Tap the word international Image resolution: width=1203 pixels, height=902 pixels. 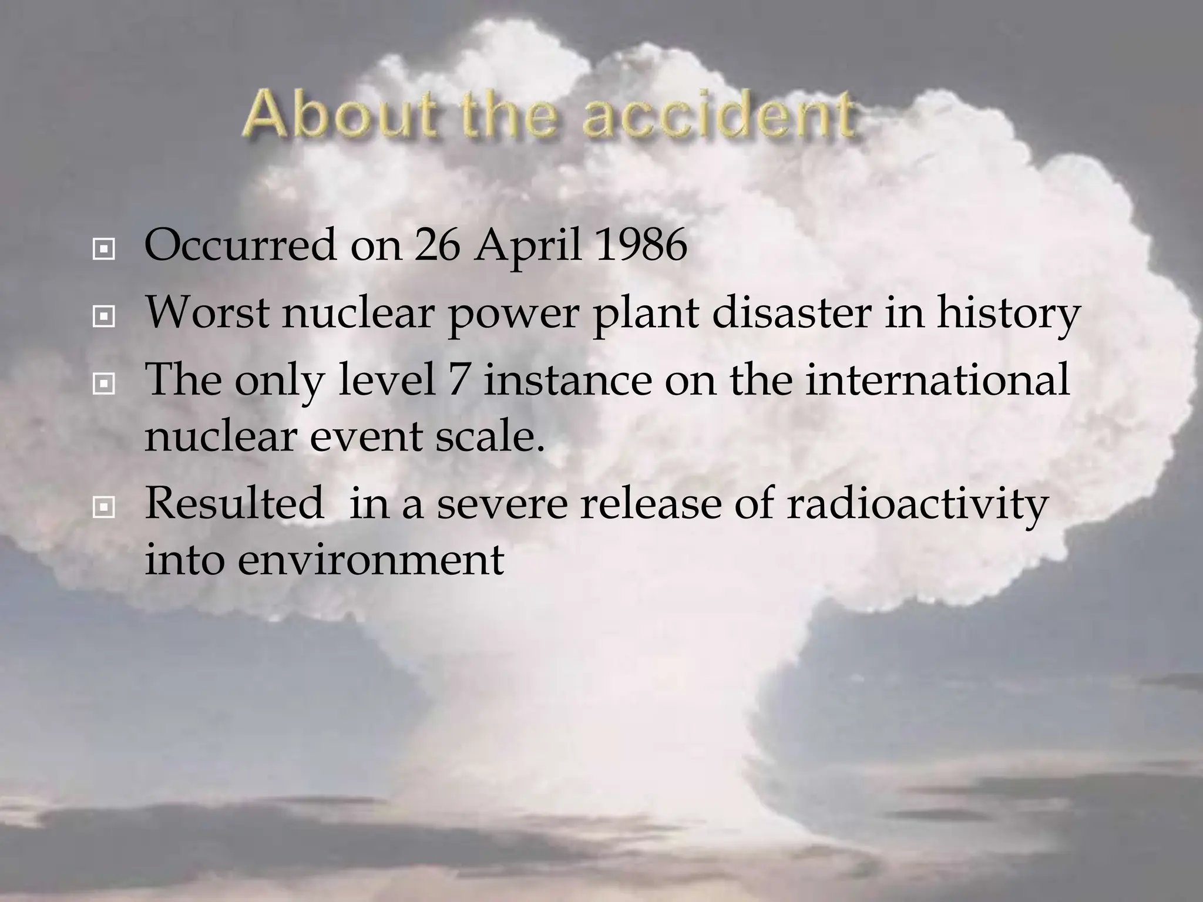937,379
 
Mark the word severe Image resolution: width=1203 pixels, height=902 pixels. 502,504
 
